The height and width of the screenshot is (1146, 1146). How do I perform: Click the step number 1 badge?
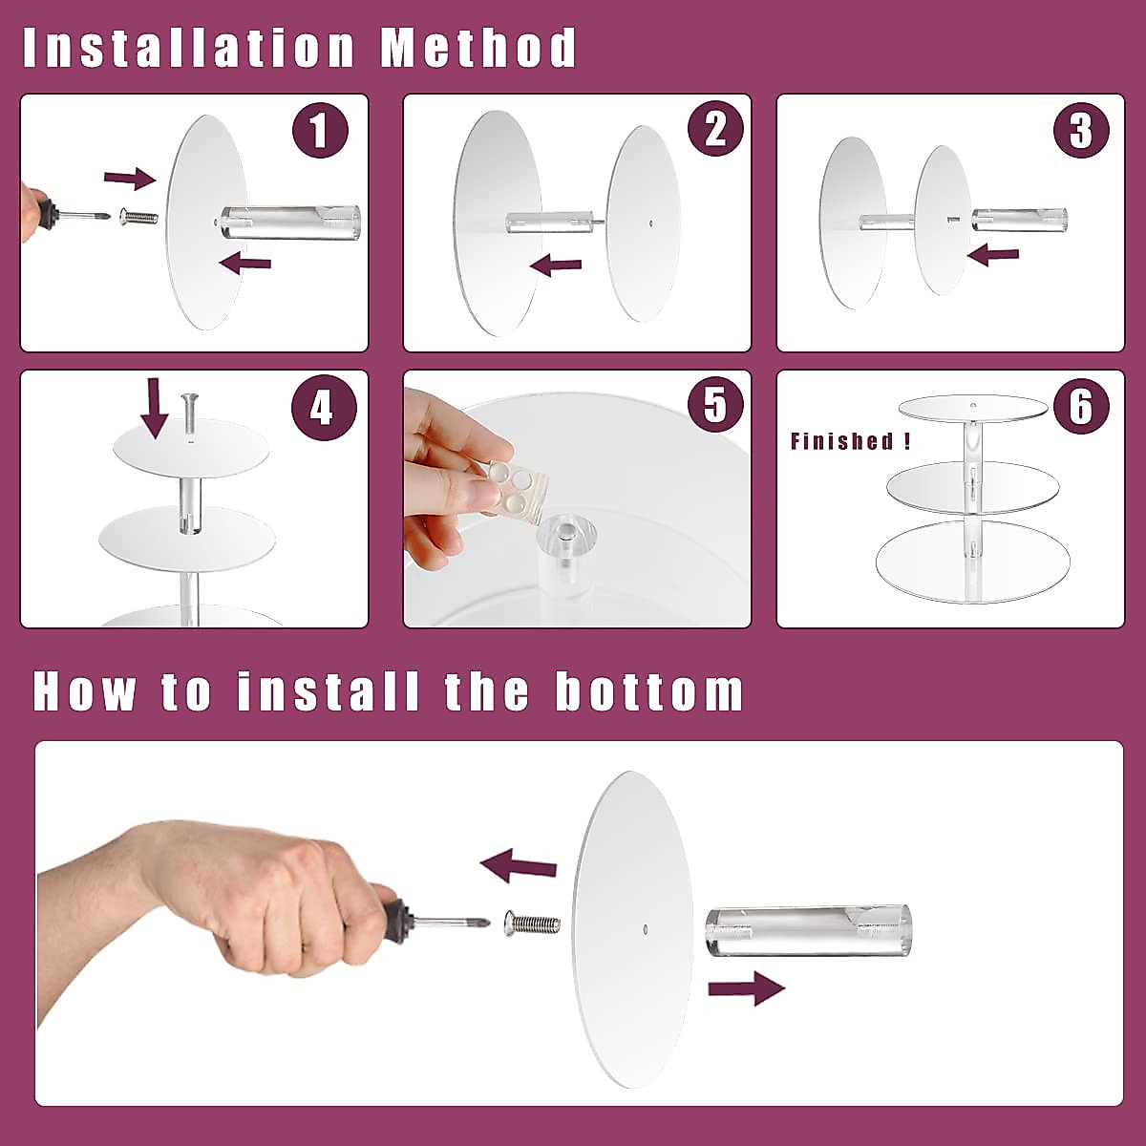point(320,130)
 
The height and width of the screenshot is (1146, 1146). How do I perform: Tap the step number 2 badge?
point(715,129)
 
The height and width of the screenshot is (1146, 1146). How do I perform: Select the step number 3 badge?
point(1081,130)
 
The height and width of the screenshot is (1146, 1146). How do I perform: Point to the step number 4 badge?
point(324,408)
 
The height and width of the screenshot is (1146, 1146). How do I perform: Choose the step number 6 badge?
point(1081,406)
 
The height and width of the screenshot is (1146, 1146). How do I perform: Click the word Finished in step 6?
point(841,440)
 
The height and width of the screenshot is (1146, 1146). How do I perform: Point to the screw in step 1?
point(138,216)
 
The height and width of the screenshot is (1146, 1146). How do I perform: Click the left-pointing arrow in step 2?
point(555,265)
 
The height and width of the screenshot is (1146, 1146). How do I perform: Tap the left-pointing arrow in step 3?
point(992,254)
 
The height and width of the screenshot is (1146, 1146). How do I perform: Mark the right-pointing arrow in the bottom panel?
point(747,988)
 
